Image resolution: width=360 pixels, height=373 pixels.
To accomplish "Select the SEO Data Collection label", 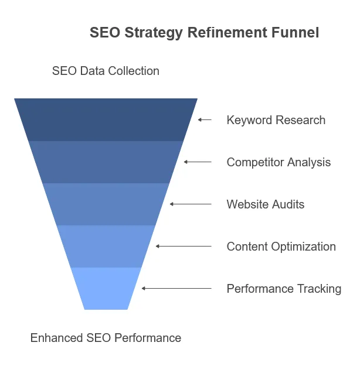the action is click(106, 71).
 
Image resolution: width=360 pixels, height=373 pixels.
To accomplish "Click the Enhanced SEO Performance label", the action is click(106, 338).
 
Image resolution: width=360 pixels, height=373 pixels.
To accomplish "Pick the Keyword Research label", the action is click(276, 120).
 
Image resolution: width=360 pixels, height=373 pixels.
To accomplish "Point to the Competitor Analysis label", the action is click(279, 162).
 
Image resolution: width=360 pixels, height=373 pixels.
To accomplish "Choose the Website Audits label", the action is click(266, 204).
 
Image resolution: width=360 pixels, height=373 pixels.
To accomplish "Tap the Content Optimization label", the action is click(281, 246).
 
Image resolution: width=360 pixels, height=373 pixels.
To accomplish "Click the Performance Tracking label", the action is click(284, 289).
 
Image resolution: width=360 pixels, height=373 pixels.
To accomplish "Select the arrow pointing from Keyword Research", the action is click(205, 119).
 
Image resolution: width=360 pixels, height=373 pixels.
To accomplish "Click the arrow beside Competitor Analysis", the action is click(198, 162).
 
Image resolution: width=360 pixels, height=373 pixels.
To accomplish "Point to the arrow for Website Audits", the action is click(191, 204).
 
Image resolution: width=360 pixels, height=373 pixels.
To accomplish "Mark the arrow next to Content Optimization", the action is click(184, 246).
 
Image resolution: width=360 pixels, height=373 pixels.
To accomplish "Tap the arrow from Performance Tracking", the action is click(176, 288).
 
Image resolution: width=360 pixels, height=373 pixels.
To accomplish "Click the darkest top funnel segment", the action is click(106, 119).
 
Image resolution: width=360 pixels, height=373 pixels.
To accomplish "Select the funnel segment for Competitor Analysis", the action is click(106, 162).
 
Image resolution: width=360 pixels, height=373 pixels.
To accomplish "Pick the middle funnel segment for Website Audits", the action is click(106, 204).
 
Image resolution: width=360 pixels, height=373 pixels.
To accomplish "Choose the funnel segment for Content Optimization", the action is click(106, 246).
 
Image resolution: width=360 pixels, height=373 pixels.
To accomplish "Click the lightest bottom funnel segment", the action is click(106, 288).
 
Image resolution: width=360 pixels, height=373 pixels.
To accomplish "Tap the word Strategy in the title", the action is click(154, 33).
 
